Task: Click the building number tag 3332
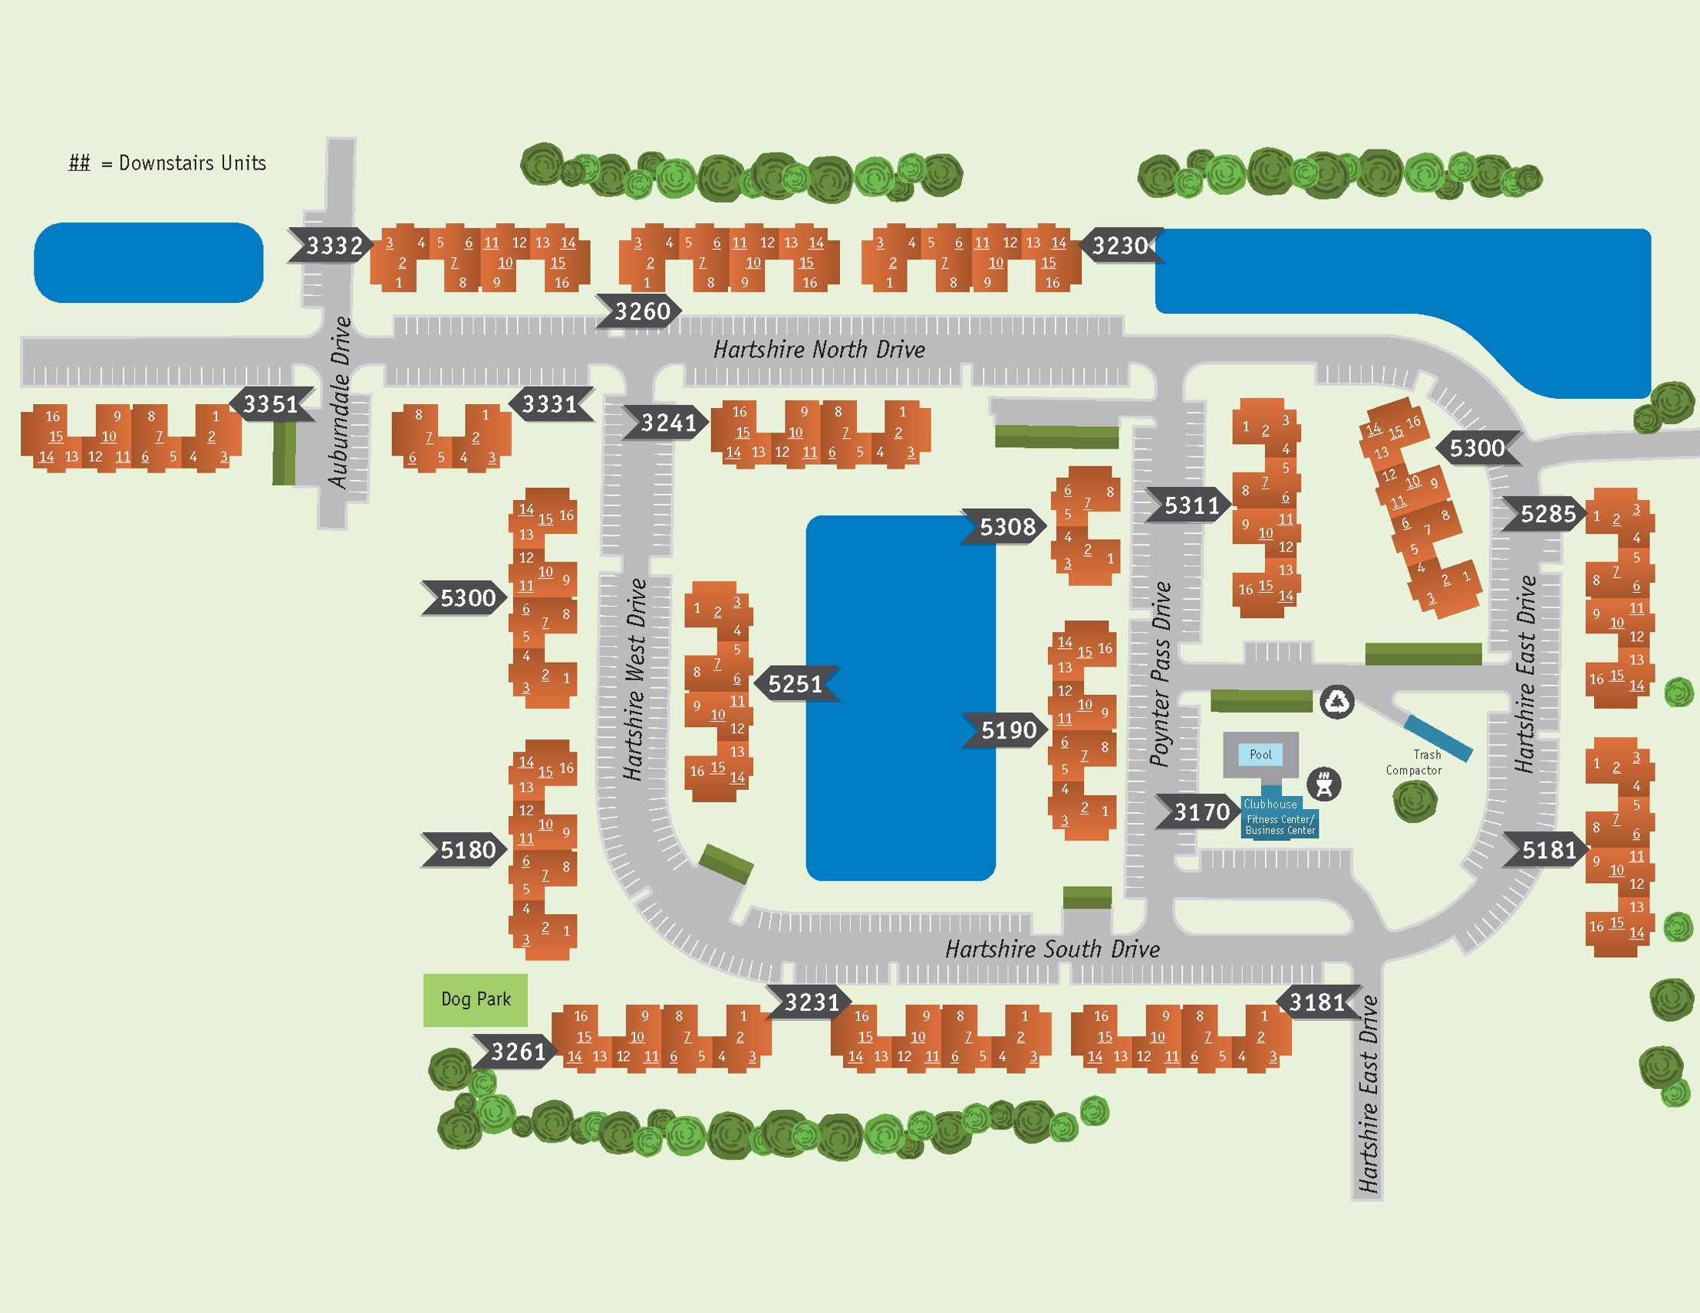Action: click(x=333, y=246)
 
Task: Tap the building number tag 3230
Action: click(x=1120, y=246)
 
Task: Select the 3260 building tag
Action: click(x=641, y=311)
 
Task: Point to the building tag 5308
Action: click(x=1006, y=527)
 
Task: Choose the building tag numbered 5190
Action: click(x=1008, y=730)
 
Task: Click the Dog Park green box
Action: click(x=476, y=999)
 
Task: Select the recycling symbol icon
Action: click(x=1338, y=701)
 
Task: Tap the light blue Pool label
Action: click(x=1261, y=754)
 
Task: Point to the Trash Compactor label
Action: click(x=1415, y=762)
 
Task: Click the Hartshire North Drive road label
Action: click(x=819, y=350)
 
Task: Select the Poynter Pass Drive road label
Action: click(x=1161, y=674)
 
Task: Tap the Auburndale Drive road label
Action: click(x=339, y=402)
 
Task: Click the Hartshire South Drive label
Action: click(x=1053, y=949)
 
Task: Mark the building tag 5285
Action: click(x=1547, y=514)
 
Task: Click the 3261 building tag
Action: click(x=518, y=1052)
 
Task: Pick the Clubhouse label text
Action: click(x=1270, y=804)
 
